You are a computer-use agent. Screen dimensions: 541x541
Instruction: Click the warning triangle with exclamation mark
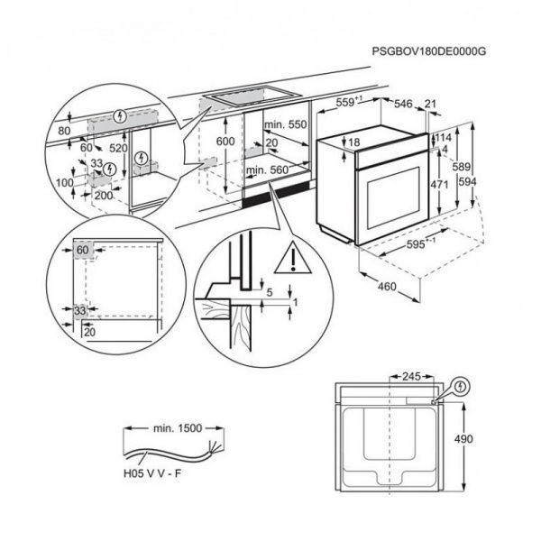tap(296, 260)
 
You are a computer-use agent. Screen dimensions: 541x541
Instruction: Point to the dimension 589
tap(461, 168)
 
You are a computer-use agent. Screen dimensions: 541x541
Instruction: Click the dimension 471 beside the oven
tap(440, 183)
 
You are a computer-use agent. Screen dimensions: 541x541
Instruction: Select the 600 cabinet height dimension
tap(225, 142)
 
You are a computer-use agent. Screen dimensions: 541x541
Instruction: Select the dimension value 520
tap(117, 147)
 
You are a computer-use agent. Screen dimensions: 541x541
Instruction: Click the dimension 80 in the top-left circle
tap(63, 131)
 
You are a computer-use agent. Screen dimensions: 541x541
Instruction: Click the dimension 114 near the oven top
tap(444, 136)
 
